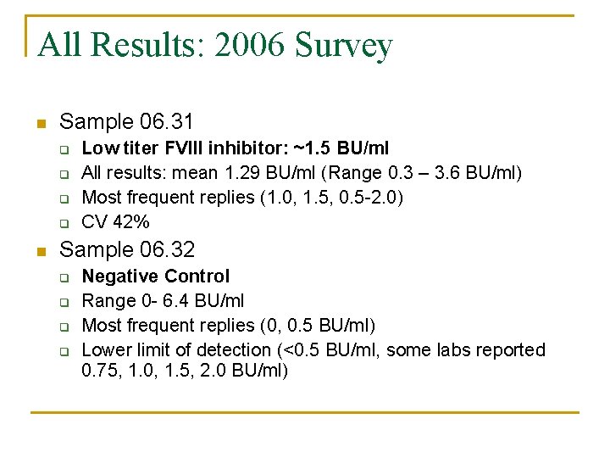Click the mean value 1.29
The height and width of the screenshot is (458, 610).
pyautogui.click(x=239, y=173)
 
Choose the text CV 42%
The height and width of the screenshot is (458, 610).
pyautogui.click(x=115, y=222)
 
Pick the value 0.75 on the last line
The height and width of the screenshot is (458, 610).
pyautogui.click(x=100, y=371)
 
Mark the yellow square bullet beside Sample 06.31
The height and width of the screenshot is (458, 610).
pyautogui.click(x=40, y=123)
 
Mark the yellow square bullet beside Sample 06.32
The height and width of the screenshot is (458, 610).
pyautogui.click(x=40, y=251)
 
